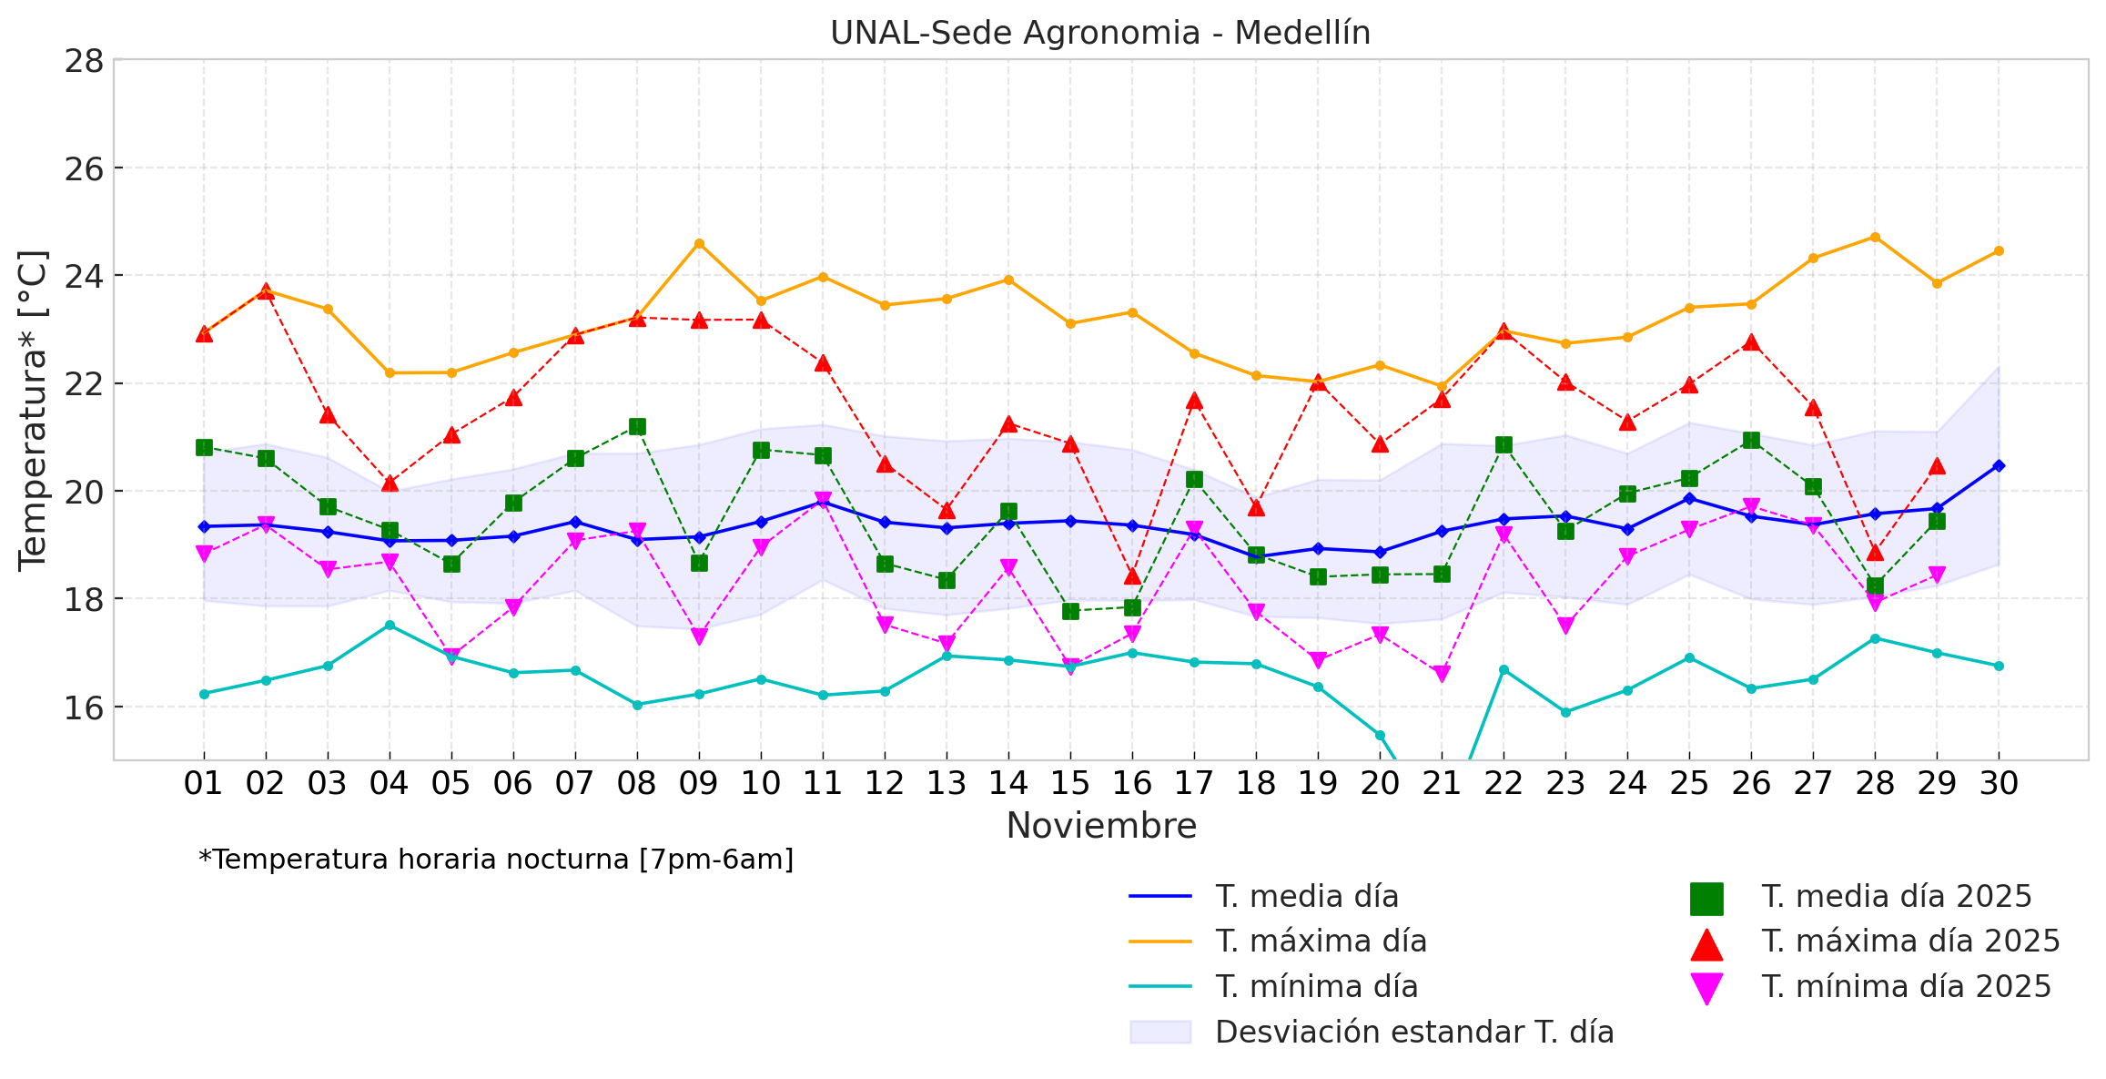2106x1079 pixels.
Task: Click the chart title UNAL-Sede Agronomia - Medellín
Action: click(x=1099, y=33)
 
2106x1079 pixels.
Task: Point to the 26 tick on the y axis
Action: click(x=83, y=169)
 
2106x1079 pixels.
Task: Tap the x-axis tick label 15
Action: click(x=1069, y=783)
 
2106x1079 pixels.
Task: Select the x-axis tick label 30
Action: click(x=1999, y=783)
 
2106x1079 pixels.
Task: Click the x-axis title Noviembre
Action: click(x=1100, y=826)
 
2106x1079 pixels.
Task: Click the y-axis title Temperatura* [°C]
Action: click(x=33, y=410)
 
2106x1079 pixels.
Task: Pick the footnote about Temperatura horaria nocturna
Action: click(x=496, y=860)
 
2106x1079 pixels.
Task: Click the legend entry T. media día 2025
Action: click(x=1896, y=897)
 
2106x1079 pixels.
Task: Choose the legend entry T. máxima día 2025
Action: click(x=1909, y=942)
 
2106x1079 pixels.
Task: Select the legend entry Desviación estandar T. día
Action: click(x=1413, y=1032)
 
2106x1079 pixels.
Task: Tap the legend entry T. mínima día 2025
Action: click(x=1906, y=987)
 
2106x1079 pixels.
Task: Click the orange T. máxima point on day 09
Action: click(x=699, y=244)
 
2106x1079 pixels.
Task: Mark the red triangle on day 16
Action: click(x=1132, y=575)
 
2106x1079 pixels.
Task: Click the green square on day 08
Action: click(x=637, y=427)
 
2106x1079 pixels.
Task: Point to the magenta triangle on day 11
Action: click(x=823, y=500)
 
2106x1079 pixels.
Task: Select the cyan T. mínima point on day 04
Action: click(x=390, y=626)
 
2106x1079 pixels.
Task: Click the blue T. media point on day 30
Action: click(x=1999, y=465)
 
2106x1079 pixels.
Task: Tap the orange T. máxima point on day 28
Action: click(x=1875, y=238)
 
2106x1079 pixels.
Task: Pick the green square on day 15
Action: click(x=1070, y=611)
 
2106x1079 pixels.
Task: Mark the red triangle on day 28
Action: click(x=1875, y=553)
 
